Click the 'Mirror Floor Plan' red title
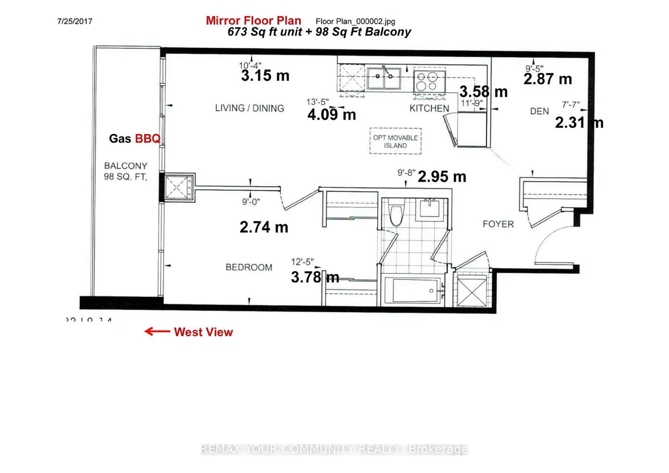click(x=253, y=21)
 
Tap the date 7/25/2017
click(x=74, y=22)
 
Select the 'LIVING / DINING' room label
click(x=249, y=108)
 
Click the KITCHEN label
click(x=429, y=109)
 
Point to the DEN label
click(x=539, y=111)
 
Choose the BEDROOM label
click(x=249, y=268)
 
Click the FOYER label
click(x=498, y=224)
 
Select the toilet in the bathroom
click(x=396, y=215)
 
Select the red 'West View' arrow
click(x=157, y=331)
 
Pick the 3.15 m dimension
click(x=265, y=76)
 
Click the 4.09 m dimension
click(x=331, y=114)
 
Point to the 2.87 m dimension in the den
click(x=548, y=79)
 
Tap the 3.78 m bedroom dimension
click(x=315, y=277)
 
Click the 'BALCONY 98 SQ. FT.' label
click(x=126, y=171)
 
